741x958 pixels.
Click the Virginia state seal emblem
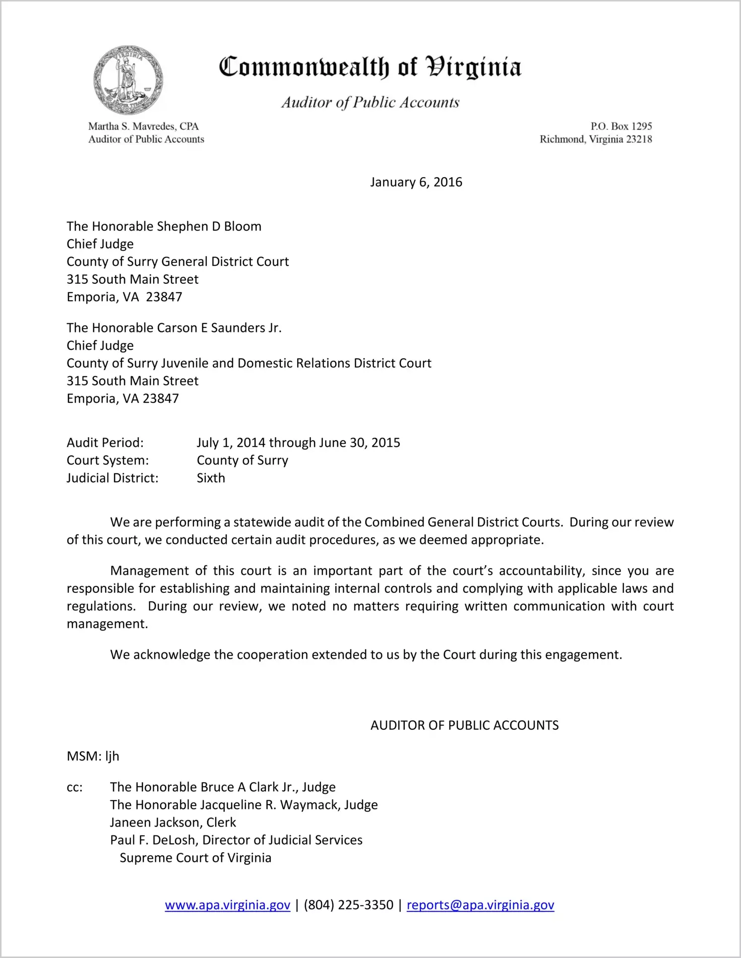pos(128,80)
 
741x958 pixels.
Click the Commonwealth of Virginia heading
pos(370,67)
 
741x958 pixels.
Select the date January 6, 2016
pos(416,182)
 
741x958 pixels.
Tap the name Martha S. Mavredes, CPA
pos(143,127)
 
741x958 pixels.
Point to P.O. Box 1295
pos(621,127)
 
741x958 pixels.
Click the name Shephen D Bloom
pos(209,227)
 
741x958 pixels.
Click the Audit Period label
pos(105,443)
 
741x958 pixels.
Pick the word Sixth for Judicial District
pos(211,478)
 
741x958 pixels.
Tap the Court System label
pos(108,460)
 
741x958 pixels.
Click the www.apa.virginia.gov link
pos(227,905)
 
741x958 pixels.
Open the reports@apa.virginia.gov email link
pos(480,905)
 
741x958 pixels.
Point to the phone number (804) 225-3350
pos(348,905)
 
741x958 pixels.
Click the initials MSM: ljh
pos(93,756)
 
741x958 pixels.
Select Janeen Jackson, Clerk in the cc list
pos(173,823)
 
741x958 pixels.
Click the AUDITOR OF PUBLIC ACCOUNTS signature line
pos(464,725)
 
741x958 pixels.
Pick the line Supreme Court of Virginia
pos(195,858)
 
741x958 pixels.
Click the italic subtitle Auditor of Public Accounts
pos(370,102)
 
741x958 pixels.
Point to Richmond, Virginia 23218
pos(596,139)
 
